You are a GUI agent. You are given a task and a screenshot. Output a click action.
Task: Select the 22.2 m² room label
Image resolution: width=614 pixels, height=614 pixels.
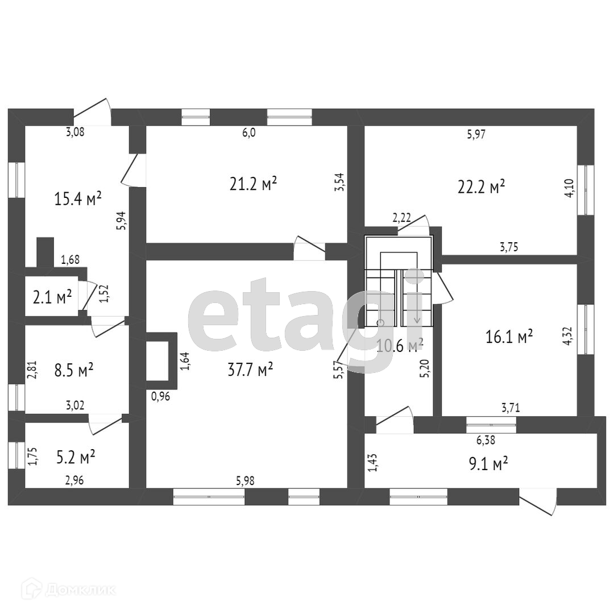[x=482, y=186]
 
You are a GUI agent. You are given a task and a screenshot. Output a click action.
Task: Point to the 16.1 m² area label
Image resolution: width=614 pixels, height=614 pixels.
[x=509, y=337]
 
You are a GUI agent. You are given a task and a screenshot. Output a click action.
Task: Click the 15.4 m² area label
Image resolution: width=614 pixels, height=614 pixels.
[x=78, y=198]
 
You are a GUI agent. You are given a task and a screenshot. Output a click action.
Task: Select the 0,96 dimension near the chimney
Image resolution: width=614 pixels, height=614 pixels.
[x=161, y=396]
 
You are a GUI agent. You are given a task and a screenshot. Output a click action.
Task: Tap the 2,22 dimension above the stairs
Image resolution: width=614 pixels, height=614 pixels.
[x=401, y=217]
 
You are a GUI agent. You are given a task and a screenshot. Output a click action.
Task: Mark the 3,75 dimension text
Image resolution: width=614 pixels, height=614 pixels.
[x=508, y=247]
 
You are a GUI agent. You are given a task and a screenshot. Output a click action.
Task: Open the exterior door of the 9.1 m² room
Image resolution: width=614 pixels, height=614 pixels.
[x=539, y=503]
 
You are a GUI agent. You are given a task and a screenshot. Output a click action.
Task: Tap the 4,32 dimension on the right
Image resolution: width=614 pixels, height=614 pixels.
[x=569, y=335]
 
